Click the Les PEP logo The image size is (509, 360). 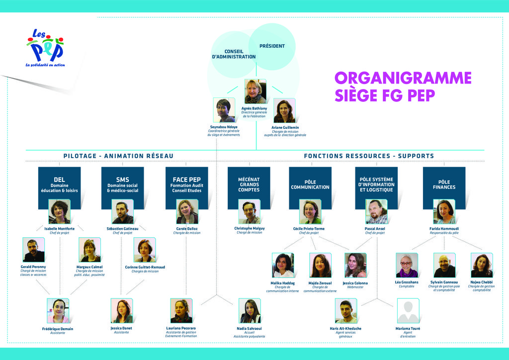45,48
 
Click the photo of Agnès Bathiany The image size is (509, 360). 255,91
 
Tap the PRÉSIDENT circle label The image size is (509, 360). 272,46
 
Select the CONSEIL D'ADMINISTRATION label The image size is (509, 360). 234,54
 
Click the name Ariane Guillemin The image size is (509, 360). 285,127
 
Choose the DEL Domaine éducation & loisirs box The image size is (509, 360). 59,185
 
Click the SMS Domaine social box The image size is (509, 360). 122,185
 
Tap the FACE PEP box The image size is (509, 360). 186,185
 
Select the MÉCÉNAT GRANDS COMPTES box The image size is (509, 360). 249,185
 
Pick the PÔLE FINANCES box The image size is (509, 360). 444,185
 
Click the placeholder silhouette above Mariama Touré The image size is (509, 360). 408,311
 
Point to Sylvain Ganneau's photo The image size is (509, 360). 444,265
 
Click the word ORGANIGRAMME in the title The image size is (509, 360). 403,79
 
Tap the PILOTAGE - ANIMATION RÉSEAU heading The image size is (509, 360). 118,156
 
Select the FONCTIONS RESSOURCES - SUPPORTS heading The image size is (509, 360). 369,156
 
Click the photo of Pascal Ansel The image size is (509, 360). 376,212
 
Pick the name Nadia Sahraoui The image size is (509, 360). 249,329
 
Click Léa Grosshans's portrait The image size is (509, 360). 407,265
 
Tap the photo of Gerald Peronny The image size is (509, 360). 33,250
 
